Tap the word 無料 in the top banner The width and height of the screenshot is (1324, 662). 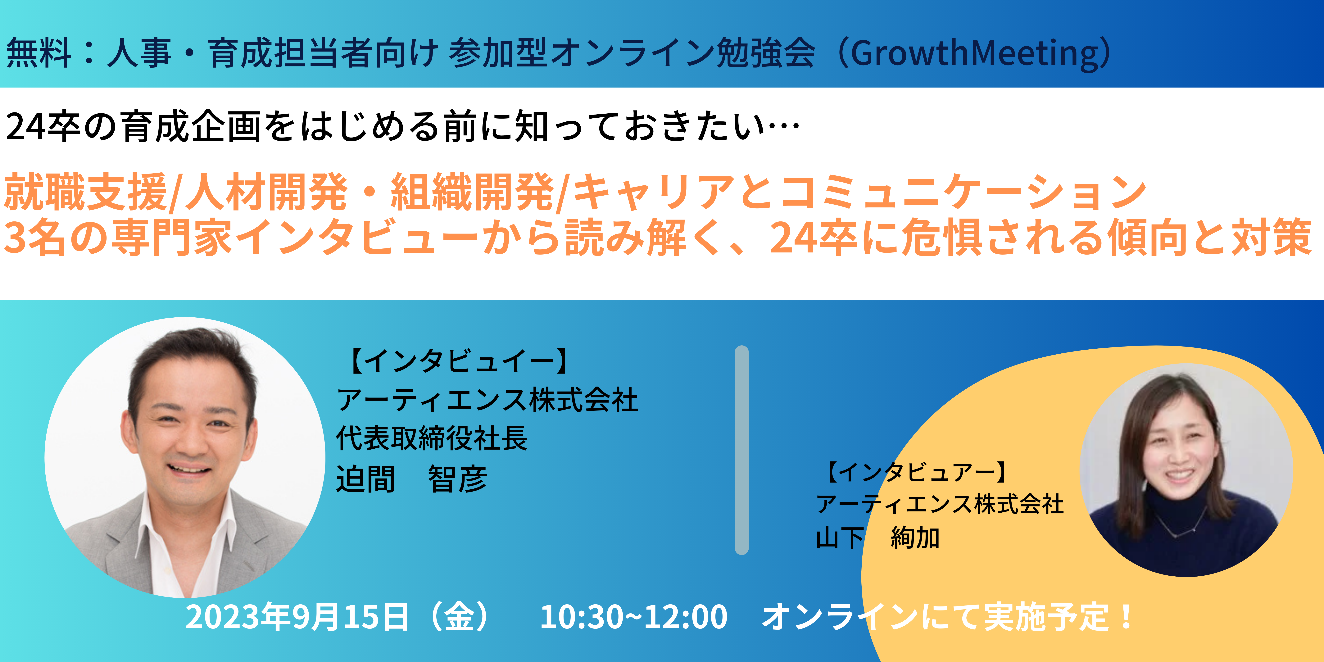(39, 53)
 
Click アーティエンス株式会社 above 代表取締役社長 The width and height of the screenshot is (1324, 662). (487, 400)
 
